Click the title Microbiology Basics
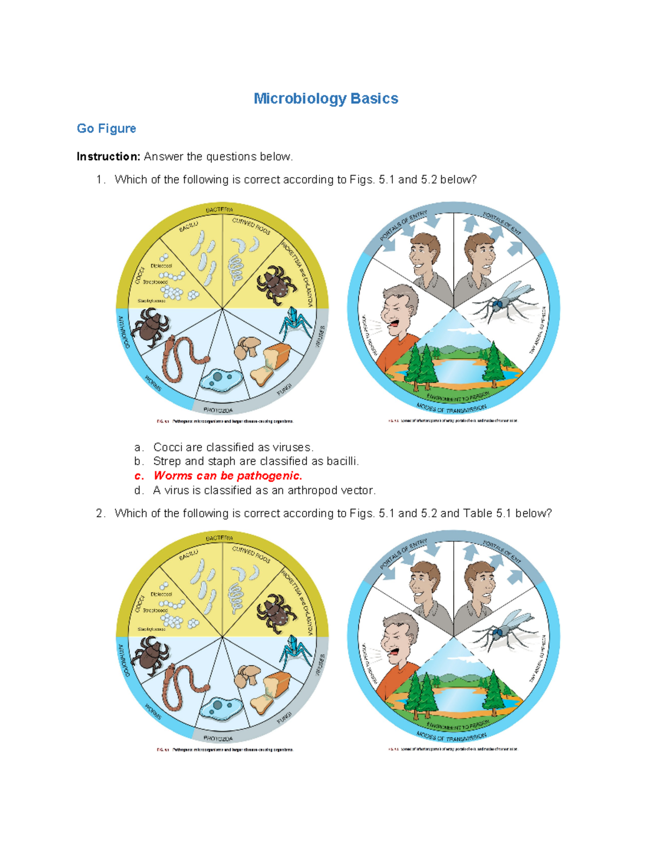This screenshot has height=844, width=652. point(326,98)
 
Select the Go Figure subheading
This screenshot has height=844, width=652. point(106,128)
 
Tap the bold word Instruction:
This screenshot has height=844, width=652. point(108,157)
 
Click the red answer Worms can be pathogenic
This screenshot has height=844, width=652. point(228,476)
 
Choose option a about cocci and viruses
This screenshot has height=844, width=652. point(233,447)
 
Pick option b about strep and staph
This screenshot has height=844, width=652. point(256,461)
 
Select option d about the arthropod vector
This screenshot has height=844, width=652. point(264,490)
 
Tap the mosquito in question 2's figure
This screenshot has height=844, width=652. point(503,629)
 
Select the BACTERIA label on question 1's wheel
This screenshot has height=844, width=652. point(220,210)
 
